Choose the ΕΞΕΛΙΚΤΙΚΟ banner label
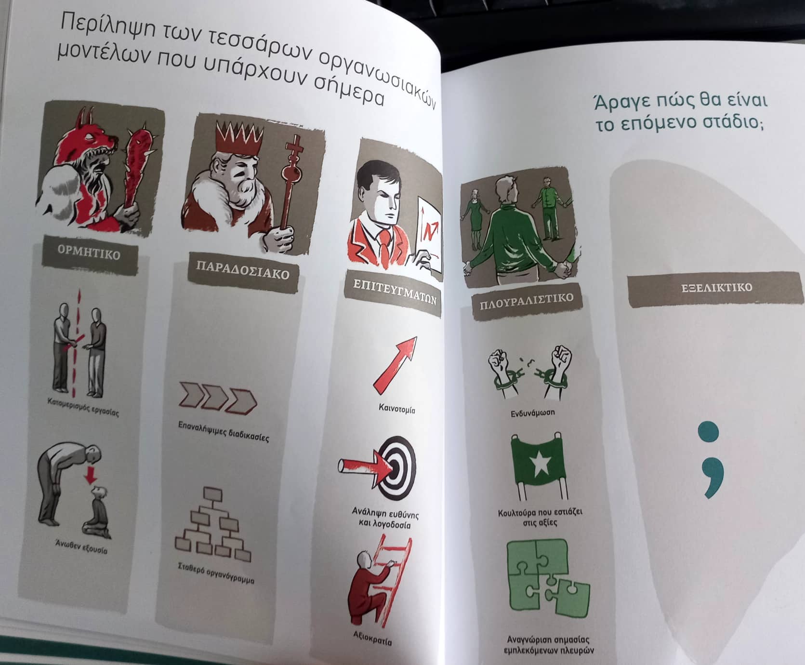point(716,288)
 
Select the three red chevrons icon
point(217,398)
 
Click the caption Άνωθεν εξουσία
point(81,546)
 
